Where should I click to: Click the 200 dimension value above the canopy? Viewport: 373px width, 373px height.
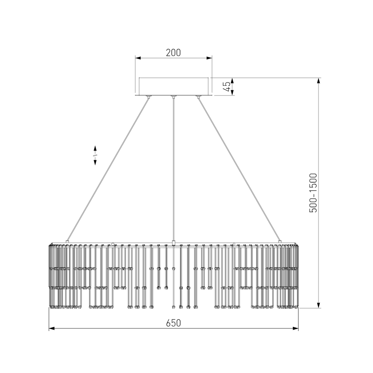(x=173, y=52)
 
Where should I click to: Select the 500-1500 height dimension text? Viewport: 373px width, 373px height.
(x=313, y=193)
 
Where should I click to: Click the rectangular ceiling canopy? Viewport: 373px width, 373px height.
(x=173, y=86)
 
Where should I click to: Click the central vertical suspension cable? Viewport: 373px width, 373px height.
(x=173, y=168)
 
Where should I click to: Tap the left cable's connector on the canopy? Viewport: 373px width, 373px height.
(x=149, y=97)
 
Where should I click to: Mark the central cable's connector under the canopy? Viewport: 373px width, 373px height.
(x=173, y=97)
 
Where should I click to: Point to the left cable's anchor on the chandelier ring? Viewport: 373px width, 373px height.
(x=68, y=241)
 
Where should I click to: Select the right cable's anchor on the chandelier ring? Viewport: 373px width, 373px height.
(x=280, y=241)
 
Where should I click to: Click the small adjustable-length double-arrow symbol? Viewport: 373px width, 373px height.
(x=95, y=155)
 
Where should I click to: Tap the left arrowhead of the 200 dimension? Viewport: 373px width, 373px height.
(x=138, y=58)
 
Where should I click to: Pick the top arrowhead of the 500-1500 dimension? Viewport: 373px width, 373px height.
(x=318, y=81)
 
